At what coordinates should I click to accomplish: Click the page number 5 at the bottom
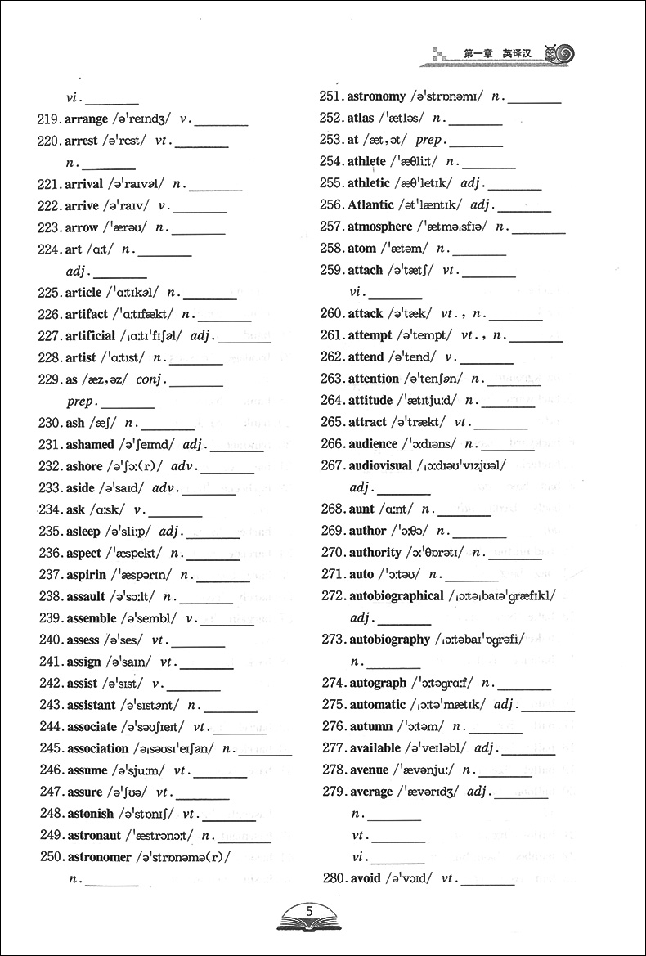tap(308, 911)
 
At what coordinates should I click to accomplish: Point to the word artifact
tap(86, 314)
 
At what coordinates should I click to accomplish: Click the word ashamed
tap(89, 444)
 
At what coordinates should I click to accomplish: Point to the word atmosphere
tap(379, 227)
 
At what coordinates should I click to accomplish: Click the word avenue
tap(369, 770)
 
